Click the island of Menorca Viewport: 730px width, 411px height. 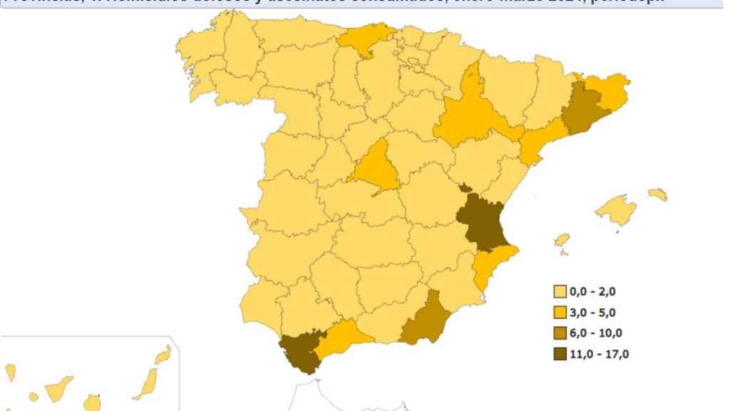[x=658, y=193]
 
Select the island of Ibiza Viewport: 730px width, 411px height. [x=562, y=240]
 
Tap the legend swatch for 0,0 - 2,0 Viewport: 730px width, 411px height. [x=560, y=291]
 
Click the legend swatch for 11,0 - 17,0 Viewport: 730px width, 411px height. [x=560, y=354]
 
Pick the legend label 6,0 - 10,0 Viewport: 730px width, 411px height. [x=598, y=333]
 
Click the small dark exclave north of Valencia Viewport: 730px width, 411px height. [x=465, y=188]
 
